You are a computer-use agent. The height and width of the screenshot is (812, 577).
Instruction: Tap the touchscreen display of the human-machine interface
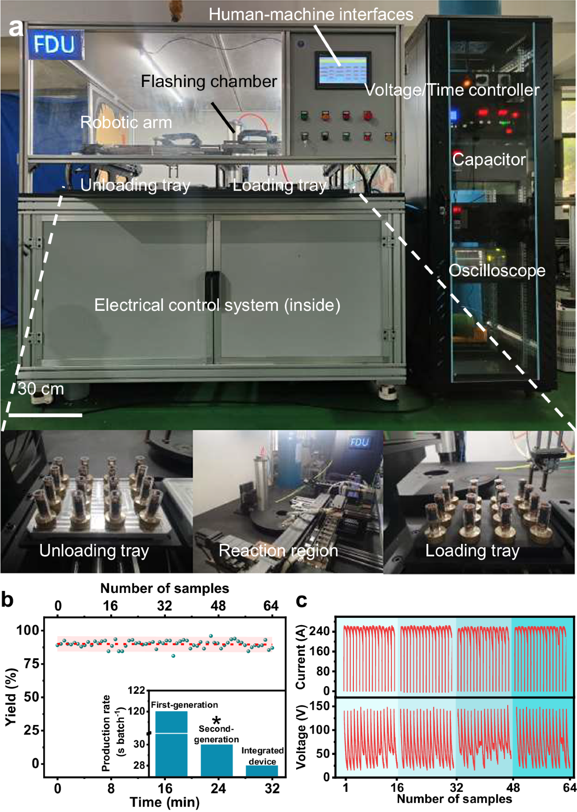341,70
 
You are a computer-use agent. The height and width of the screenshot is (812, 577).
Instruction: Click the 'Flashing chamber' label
209,82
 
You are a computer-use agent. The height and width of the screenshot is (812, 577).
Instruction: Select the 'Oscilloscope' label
497,271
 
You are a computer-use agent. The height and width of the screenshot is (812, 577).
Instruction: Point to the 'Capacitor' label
489,160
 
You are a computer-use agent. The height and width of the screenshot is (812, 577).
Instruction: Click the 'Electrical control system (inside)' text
217,305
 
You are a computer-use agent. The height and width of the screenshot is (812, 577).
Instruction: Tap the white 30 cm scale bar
45,415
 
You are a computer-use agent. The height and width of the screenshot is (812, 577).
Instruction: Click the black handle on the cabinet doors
212,293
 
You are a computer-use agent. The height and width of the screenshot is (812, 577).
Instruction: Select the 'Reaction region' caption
278,551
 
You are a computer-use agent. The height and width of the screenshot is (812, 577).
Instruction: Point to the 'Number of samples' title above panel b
164,589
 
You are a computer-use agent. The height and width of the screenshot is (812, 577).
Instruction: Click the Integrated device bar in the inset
262,771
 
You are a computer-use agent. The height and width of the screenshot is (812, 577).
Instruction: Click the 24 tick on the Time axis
218,788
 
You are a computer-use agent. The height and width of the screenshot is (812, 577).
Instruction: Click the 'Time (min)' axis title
164,802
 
